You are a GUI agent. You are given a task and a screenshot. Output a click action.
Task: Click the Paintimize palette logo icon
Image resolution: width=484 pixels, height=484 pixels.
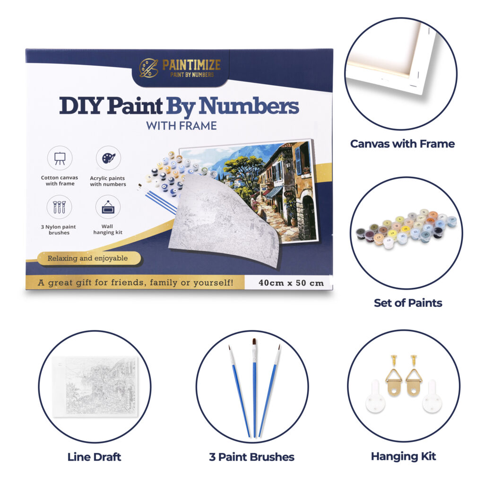coord(148,68)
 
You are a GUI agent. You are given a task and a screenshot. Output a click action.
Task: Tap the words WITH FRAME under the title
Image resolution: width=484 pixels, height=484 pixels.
coord(181,126)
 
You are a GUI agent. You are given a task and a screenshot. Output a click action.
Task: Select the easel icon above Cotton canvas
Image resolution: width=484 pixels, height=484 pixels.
coord(60,158)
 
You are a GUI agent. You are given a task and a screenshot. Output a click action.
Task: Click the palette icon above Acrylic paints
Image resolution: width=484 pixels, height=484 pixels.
coord(108,158)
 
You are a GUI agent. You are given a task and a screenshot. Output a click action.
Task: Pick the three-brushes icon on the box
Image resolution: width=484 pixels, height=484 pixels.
coord(59,207)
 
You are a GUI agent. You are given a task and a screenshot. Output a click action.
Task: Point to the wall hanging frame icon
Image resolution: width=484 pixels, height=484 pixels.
coord(108,207)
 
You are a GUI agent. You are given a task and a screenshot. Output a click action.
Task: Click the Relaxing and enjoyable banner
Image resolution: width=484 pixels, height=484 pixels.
coord(89,259)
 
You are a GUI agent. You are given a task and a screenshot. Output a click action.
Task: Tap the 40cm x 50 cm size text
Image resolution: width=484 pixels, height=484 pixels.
coord(291,283)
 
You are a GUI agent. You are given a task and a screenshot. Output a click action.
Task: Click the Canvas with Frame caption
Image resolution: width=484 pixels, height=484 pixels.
coord(403,144)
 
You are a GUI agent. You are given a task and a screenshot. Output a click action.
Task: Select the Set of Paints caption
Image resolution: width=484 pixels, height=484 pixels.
coord(408,303)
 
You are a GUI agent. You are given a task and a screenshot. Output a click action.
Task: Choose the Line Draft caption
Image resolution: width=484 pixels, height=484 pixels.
coord(94,457)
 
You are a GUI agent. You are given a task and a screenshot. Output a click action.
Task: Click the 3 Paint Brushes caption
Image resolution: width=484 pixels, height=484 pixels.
coord(251,457)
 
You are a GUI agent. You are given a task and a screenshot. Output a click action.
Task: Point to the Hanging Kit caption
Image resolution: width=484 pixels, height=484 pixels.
coord(404,456)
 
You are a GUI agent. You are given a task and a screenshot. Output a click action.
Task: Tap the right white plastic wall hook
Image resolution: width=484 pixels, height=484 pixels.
coord(432,397)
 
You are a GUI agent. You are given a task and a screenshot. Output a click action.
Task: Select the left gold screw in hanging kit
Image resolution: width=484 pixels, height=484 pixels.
coord(394,361)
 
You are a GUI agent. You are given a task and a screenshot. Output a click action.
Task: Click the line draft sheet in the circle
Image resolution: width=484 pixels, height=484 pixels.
coord(95,387)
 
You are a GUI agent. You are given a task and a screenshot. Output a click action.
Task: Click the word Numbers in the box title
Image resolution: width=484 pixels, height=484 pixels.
coord(249,106)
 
